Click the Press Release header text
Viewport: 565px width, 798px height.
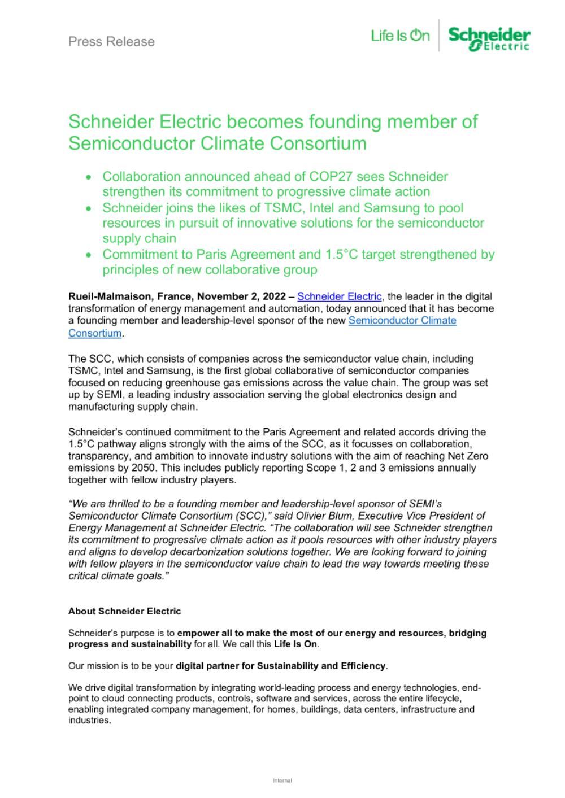point(111,42)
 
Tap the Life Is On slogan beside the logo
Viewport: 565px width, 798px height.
point(400,36)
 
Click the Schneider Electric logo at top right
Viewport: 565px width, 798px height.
point(489,38)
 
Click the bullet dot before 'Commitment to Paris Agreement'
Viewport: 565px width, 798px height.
point(89,255)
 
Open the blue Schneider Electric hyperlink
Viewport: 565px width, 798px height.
point(340,296)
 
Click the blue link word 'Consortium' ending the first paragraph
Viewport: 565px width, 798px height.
point(95,333)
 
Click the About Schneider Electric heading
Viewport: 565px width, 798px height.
point(124,611)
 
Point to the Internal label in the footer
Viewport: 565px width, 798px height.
point(282,781)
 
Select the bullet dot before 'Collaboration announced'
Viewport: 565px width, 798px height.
point(89,177)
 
